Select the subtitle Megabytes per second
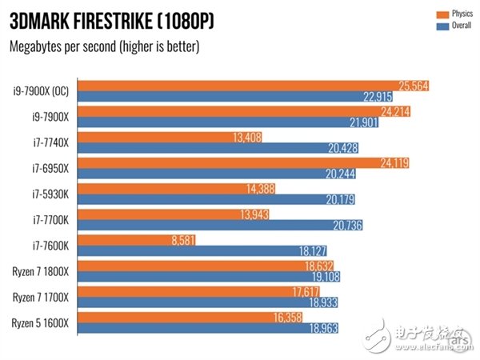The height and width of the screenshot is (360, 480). tap(104, 46)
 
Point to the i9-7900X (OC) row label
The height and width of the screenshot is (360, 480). tap(42, 91)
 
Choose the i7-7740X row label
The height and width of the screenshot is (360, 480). tap(50, 142)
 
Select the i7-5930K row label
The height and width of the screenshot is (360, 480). tap(50, 193)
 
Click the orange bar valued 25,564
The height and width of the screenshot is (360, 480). tap(240, 86)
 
